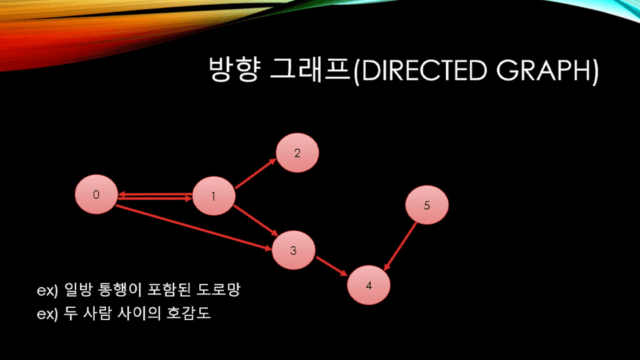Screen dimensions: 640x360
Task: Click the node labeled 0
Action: coord(96,194)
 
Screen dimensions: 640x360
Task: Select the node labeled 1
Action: coord(213,196)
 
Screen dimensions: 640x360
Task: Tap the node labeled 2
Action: coord(297,153)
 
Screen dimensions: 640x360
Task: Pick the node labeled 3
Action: coord(293,250)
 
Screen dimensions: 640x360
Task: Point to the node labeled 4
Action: coord(369,285)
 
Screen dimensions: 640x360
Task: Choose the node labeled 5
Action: coord(427,205)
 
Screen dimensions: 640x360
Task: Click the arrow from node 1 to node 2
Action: coord(256,174)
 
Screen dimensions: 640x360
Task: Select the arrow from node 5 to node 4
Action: coord(401,246)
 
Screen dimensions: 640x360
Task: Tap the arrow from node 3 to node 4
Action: coord(331,266)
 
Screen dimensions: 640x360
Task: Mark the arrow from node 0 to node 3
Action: coord(194,227)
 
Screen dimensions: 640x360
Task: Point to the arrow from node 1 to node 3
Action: coord(256,221)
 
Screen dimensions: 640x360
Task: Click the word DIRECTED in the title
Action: coord(425,70)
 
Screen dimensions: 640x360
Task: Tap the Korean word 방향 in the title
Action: coord(234,69)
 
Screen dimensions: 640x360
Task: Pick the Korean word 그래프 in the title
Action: coord(310,69)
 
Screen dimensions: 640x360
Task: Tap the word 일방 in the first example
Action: coord(79,289)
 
